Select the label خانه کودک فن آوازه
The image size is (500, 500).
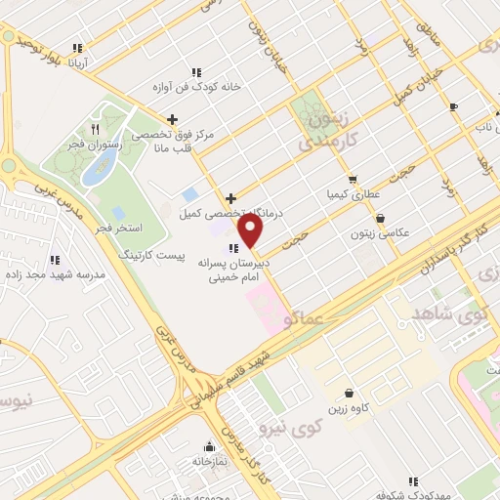pos(195,86)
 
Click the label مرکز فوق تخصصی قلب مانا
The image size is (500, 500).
pos(186,142)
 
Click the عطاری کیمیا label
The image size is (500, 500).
pos(351,193)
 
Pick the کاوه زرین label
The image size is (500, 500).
pos(348,408)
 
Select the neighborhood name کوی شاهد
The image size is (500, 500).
pos(456,316)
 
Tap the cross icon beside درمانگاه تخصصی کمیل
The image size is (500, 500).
pos(229,198)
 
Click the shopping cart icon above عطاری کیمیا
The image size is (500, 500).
pos(353,179)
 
